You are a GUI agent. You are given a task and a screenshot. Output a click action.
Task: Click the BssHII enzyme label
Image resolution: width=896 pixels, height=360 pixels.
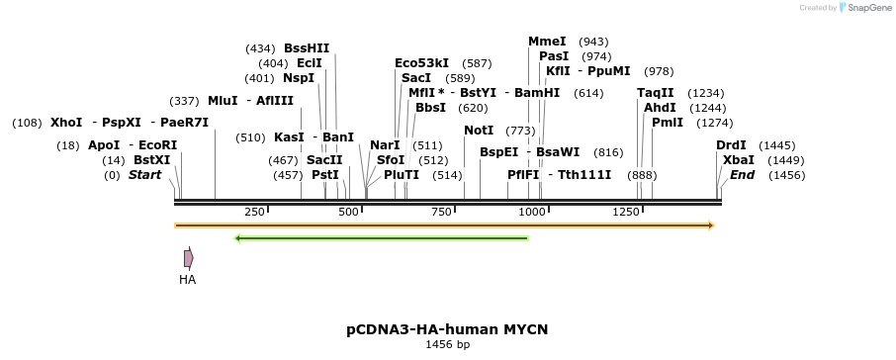[x=307, y=47]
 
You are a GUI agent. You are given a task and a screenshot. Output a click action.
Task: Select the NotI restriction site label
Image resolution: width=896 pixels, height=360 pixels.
[x=479, y=131]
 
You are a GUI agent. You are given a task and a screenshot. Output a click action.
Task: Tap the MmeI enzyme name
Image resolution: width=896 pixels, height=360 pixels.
[x=547, y=42]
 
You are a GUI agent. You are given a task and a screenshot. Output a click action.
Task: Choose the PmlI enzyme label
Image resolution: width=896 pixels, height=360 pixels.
[x=668, y=123]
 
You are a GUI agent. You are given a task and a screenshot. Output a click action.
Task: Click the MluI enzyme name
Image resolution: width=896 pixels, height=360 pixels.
[x=223, y=101]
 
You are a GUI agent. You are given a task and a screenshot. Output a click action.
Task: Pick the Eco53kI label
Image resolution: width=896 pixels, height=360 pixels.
[x=421, y=63]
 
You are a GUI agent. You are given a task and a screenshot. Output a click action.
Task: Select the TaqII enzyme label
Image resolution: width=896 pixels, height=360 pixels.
[x=656, y=93]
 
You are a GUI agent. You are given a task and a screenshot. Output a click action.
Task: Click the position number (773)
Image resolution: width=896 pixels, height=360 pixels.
[x=520, y=131]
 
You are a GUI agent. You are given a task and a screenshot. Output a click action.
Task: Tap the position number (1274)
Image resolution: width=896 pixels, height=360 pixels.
[x=714, y=123]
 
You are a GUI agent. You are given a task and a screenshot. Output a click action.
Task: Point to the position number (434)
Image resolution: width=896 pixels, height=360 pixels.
[x=260, y=48]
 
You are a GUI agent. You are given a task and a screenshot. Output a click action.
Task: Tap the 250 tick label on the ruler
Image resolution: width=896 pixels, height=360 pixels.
[x=254, y=213]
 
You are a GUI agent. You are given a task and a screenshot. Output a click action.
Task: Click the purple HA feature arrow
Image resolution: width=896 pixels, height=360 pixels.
[x=188, y=258]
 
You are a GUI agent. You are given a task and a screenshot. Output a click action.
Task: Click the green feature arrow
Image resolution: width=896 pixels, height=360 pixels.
[x=381, y=237]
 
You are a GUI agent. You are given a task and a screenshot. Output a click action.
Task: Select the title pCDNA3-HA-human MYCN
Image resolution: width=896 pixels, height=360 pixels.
[x=447, y=328]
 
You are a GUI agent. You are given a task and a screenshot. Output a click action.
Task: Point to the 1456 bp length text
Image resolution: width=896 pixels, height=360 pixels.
[x=447, y=345]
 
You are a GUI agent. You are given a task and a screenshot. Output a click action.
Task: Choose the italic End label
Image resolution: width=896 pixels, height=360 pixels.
[x=742, y=175]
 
